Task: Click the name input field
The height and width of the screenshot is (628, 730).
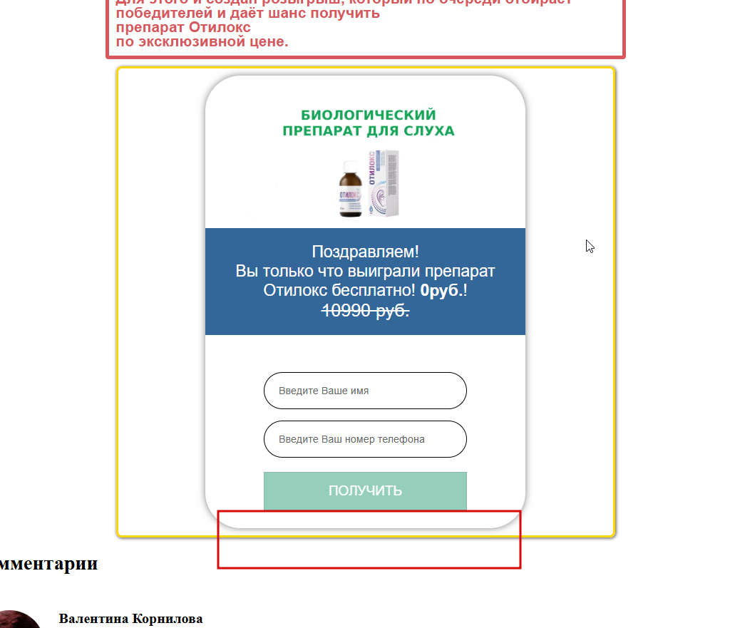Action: [365, 391]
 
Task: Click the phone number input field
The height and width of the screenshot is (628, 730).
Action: [365, 439]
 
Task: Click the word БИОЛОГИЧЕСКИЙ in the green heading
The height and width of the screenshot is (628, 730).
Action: [368, 115]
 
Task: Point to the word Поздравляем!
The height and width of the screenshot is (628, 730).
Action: [365, 252]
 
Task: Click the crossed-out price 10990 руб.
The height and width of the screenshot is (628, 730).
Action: [365, 311]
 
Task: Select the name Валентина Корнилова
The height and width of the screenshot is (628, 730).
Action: [130, 619]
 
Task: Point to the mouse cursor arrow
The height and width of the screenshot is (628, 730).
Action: [590, 245]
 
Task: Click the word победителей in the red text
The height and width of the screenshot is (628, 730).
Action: [155, 14]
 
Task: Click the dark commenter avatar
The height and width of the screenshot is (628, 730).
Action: [18, 620]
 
